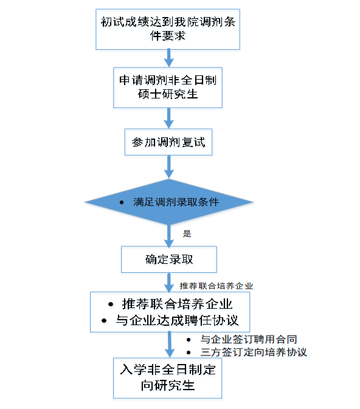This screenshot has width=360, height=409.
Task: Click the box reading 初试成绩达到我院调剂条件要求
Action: (x=168, y=29)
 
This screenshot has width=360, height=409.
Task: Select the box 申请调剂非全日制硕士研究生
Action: (x=168, y=88)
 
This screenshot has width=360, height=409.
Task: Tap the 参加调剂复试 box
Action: (x=168, y=142)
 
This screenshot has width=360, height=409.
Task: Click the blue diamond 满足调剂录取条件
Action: (x=169, y=202)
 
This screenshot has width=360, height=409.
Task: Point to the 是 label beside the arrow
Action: (x=187, y=233)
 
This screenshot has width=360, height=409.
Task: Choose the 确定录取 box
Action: (x=169, y=259)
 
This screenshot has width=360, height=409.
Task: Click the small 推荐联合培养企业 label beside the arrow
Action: (x=216, y=286)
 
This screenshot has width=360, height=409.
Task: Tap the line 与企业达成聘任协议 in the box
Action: (x=177, y=320)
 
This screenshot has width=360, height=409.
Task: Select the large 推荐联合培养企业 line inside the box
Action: (x=177, y=304)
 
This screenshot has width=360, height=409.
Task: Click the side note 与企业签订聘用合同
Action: (x=249, y=339)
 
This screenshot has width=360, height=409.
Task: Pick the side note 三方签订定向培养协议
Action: (x=254, y=352)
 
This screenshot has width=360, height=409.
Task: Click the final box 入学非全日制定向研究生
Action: (x=168, y=378)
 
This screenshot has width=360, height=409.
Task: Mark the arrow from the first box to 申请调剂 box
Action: (x=168, y=58)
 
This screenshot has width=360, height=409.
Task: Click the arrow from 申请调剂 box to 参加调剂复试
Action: (x=168, y=118)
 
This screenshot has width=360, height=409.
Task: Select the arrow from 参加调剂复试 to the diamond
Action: (x=168, y=167)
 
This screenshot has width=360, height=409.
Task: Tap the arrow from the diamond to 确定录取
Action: (x=168, y=236)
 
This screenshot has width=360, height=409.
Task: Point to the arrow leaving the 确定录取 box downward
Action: (x=169, y=283)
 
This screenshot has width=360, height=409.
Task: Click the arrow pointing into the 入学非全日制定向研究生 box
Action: (x=170, y=345)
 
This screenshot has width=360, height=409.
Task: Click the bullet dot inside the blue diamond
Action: (x=122, y=202)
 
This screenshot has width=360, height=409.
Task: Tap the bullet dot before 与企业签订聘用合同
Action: (x=189, y=340)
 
